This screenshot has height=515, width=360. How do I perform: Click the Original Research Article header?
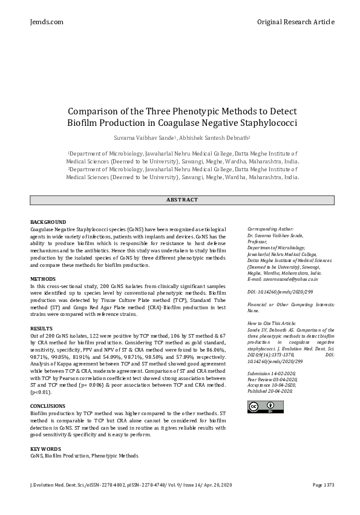pyautogui.click(x=295, y=22)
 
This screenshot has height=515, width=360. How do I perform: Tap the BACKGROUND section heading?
pyautogui.click(x=48, y=223)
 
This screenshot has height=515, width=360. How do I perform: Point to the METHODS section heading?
pyautogui.click(x=43, y=279)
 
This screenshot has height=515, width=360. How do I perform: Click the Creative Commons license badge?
pyautogui.click(x=261, y=407)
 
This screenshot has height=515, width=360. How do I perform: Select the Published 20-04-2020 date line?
pyautogui.click(x=270, y=392)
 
